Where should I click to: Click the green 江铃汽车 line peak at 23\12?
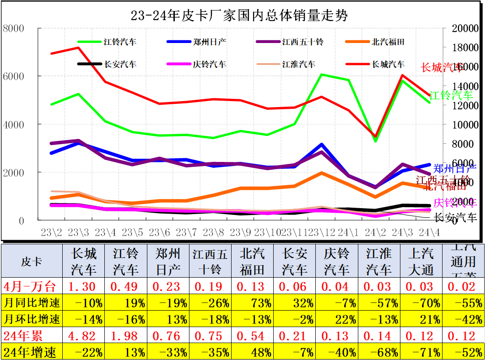[x=322, y=75]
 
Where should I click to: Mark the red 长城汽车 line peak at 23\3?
[x=78, y=48]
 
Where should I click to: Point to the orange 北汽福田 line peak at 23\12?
[x=322, y=173]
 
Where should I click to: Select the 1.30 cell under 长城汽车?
[x=82, y=286]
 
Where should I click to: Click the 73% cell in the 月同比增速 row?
[x=253, y=302]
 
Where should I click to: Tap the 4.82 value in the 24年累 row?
[x=82, y=336]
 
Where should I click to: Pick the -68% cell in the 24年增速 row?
[x=379, y=352]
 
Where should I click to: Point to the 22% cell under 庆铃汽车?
[x=337, y=318]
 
